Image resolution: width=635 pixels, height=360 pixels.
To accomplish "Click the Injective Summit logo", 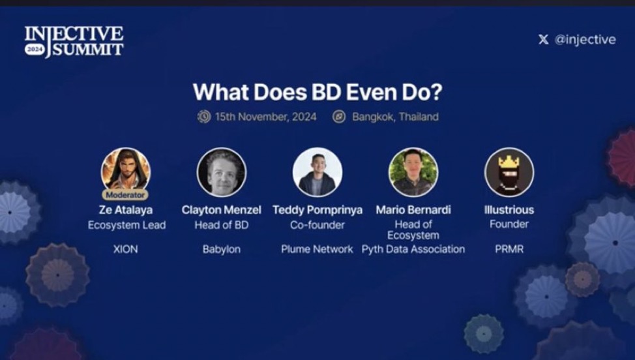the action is pos(74,42).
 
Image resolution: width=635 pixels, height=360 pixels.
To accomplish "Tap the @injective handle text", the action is pos(585,40).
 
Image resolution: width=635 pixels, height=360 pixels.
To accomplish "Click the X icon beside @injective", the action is pos(544,39).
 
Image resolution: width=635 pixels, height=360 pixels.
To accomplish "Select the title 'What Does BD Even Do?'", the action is pos(317,92).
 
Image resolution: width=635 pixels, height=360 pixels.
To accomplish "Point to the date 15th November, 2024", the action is pos(265,117).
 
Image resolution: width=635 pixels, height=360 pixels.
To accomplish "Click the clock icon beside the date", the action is pos(204,117).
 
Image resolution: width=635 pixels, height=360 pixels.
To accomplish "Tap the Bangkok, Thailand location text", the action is pos(395,117).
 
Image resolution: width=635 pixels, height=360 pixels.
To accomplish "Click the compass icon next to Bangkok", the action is pos(339,117).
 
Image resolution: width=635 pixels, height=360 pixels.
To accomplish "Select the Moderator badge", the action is pos(125,195).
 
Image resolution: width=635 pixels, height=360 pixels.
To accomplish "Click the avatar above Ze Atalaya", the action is pos(126,171).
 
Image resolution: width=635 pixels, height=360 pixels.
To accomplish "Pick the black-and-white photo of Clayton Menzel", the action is pos(222,172).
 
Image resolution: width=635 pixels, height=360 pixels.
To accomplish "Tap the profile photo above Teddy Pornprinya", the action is pos(317,172).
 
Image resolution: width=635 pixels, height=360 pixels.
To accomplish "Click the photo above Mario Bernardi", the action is pos(413,172).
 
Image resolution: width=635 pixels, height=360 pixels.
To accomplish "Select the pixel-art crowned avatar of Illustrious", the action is pos(509,172).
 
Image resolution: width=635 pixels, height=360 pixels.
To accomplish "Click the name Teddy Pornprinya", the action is pos(317,210).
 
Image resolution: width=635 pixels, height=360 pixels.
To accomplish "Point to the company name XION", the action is pos(126,249).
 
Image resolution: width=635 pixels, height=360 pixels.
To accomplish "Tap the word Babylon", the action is pos(222,249).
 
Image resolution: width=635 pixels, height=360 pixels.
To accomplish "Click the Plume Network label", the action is pos(317,249).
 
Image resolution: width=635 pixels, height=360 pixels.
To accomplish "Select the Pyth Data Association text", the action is pos(413,249).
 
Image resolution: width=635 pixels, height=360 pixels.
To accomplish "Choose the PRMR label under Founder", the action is pos(509,249).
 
